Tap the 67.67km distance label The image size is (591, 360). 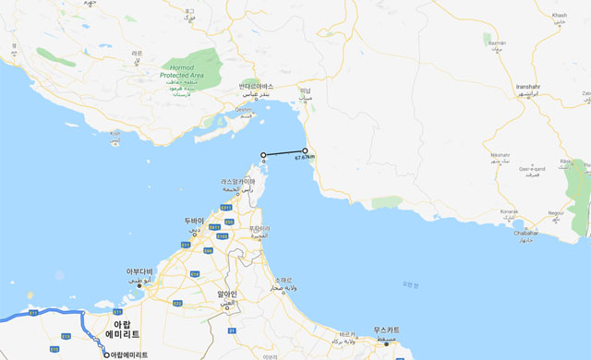click(305, 158)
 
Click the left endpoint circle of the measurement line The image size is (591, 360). click(263, 155)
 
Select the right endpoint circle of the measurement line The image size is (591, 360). click(305, 150)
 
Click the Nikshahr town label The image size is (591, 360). click(501, 154)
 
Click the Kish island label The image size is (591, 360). click(115, 133)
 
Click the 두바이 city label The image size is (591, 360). click(193, 222)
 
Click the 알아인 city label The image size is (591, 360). click(227, 294)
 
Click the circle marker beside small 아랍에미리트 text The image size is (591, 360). click(106, 354)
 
